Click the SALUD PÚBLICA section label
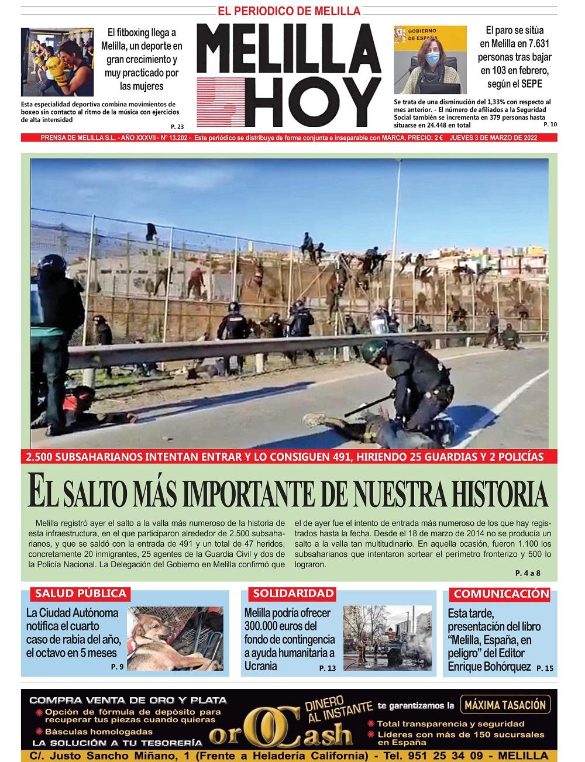[x=81, y=594]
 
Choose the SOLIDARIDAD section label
[x=293, y=594]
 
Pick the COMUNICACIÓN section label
[x=501, y=594]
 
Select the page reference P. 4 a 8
[x=528, y=573]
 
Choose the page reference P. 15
[x=543, y=668]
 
